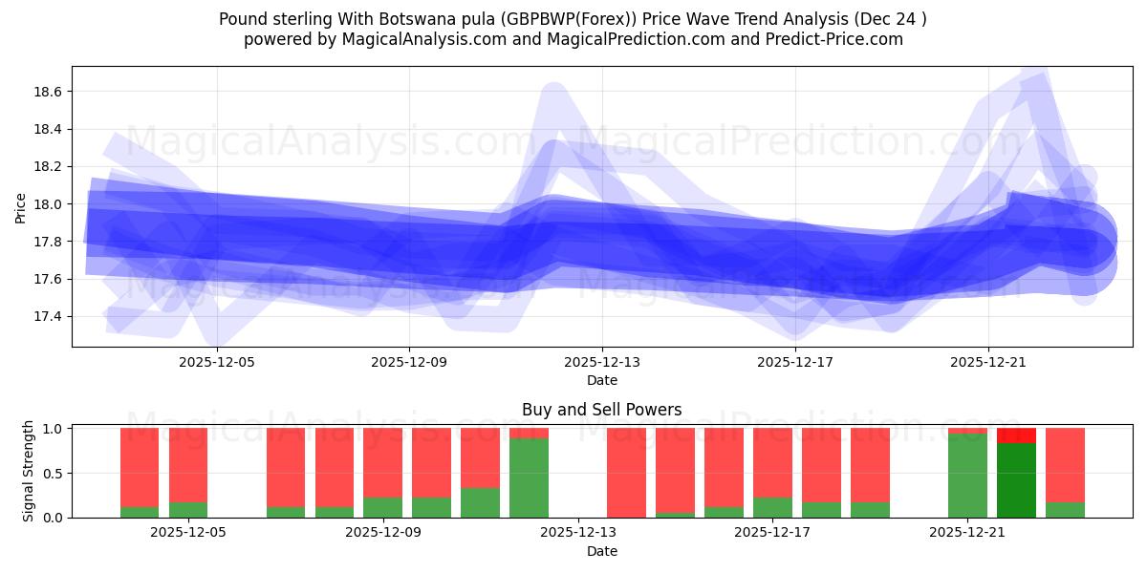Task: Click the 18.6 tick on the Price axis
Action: pos(49,92)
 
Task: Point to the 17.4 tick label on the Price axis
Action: pos(49,316)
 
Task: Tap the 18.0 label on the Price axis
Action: pos(49,204)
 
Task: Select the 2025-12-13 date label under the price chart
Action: pos(601,363)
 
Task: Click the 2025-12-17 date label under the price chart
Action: pos(794,363)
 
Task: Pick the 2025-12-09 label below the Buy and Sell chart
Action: pos(383,533)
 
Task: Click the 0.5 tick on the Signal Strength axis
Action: pos(54,474)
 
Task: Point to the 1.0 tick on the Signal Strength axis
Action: pos(54,429)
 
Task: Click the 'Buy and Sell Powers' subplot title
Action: pos(601,410)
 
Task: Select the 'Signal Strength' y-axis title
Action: pos(29,470)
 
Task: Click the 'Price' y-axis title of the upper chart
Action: pos(21,206)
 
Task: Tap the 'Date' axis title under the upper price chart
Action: pos(601,380)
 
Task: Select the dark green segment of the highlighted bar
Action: pos(1016,480)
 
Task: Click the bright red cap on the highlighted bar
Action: pos(1016,435)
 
